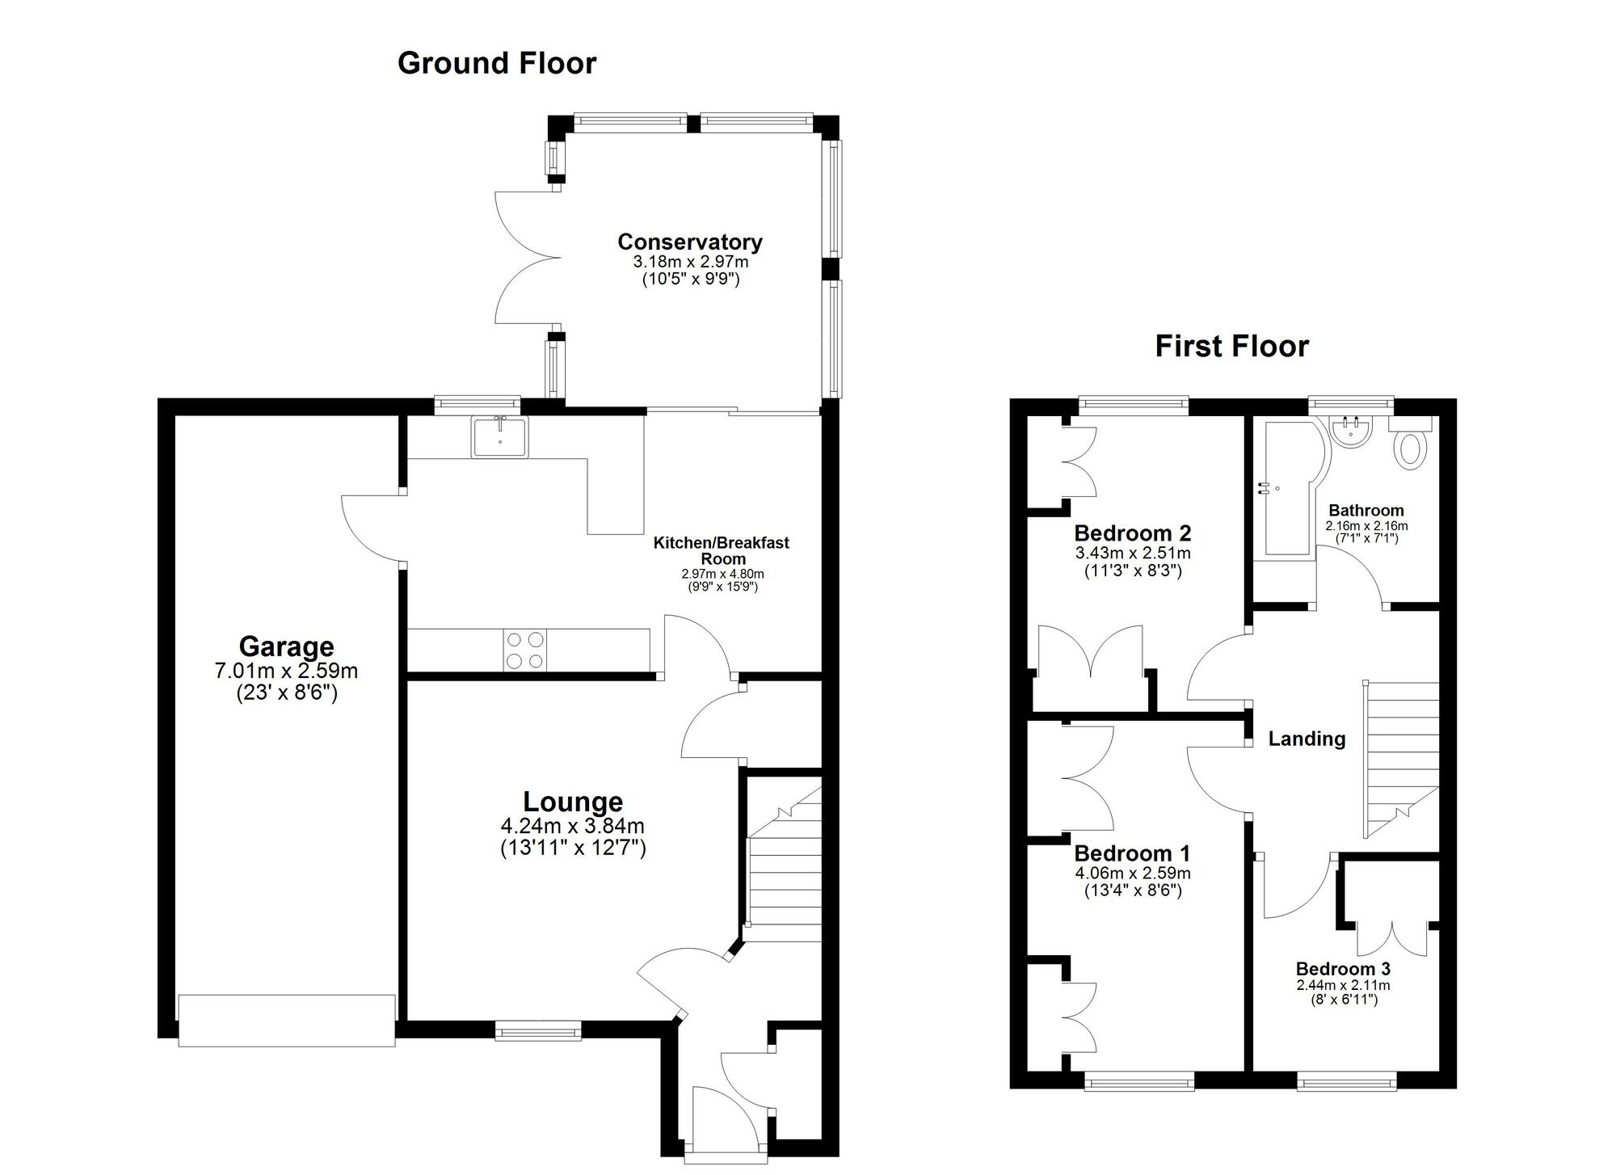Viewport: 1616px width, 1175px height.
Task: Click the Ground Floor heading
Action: [497, 63]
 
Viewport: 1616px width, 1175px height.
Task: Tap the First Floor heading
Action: [1231, 346]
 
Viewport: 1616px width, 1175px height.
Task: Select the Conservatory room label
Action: [690, 242]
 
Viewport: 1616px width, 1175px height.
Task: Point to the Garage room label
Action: [286, 646]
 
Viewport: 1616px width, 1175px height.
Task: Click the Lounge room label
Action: [573, 802]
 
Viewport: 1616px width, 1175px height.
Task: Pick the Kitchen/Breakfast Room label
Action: [721, 550]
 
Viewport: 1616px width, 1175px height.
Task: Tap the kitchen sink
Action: [500, 437]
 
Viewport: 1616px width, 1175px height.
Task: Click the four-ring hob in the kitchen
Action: [525, 650]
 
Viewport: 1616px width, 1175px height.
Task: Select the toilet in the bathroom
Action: [1410, 443]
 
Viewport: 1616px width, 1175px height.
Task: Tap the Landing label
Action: [1307, 739]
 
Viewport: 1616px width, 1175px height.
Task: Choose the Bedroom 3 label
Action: [1343, 969]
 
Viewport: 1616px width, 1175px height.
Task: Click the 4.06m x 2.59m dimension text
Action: [1132, 873]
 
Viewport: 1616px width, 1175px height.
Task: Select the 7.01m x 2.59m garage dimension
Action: [286, 671]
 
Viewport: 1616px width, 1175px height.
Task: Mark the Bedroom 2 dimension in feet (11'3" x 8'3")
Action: [1132, 571]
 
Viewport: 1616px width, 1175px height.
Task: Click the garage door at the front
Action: [287, 1021]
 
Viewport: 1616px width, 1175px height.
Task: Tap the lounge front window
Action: [538, 1030]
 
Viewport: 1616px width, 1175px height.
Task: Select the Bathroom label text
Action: [1366, 511]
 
